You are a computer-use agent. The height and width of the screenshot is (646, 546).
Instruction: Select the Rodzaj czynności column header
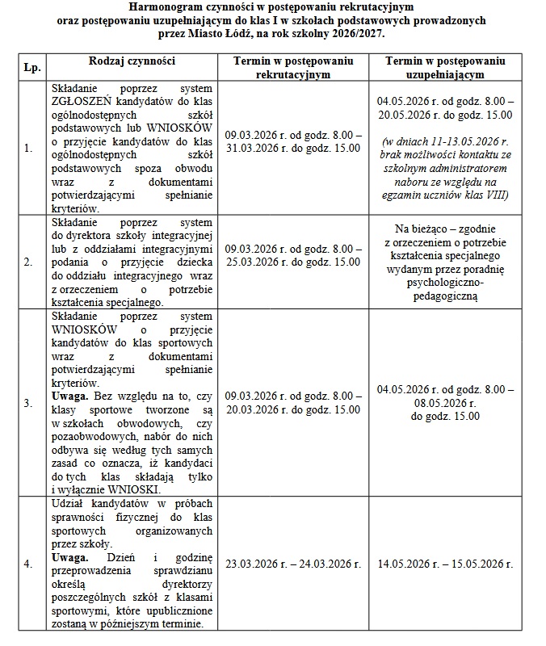[x=132, y=61]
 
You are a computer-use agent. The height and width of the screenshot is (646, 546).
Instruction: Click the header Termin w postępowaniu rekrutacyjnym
[x=293, y=67]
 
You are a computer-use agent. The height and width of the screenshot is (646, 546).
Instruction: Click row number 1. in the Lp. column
[x=28, y=148]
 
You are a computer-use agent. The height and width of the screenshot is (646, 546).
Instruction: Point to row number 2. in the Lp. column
[x=28, y=262]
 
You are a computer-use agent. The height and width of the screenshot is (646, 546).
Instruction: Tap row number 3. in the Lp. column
[x=28, y=402]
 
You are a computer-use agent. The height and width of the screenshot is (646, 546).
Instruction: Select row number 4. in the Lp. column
[x=28, y=564]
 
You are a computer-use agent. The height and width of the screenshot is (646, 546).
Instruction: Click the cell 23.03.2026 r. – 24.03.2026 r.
[x=293, y=564]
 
